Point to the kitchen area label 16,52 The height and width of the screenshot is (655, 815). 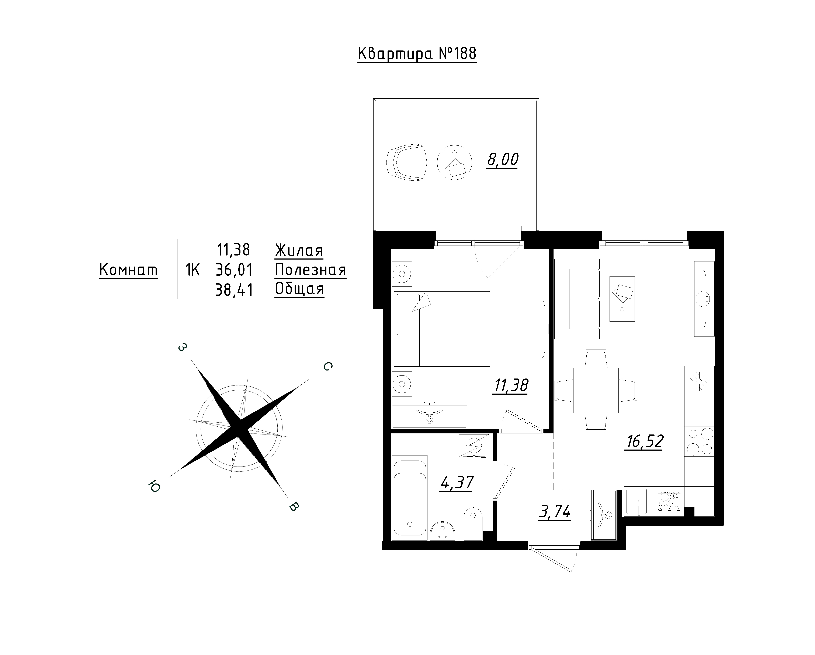pos(645,441)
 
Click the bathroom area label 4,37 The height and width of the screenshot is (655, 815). pos(456,483)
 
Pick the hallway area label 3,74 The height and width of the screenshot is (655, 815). pos(554,513)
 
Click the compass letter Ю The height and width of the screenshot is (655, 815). pos(154,486)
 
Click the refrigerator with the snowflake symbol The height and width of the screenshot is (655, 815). pos(699,381)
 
